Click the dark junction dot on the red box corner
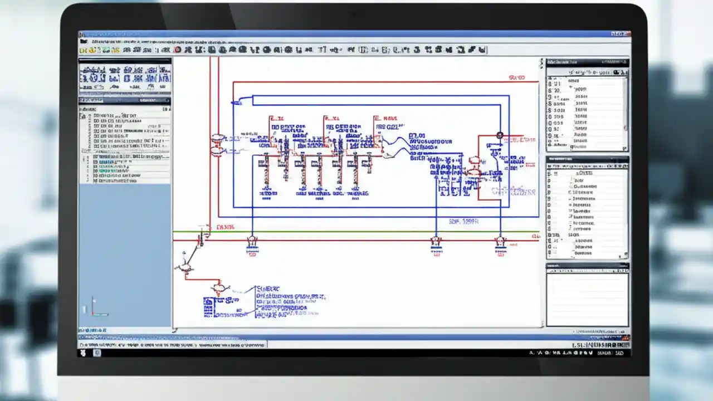point(500,135)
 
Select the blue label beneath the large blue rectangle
point(463,222)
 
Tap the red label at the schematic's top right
point(517,79)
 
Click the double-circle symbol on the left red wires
point(217,144)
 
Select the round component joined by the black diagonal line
point(184,268)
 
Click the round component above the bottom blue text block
point(219,288)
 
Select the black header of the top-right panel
point(587,63)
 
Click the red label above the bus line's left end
point(226,227)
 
